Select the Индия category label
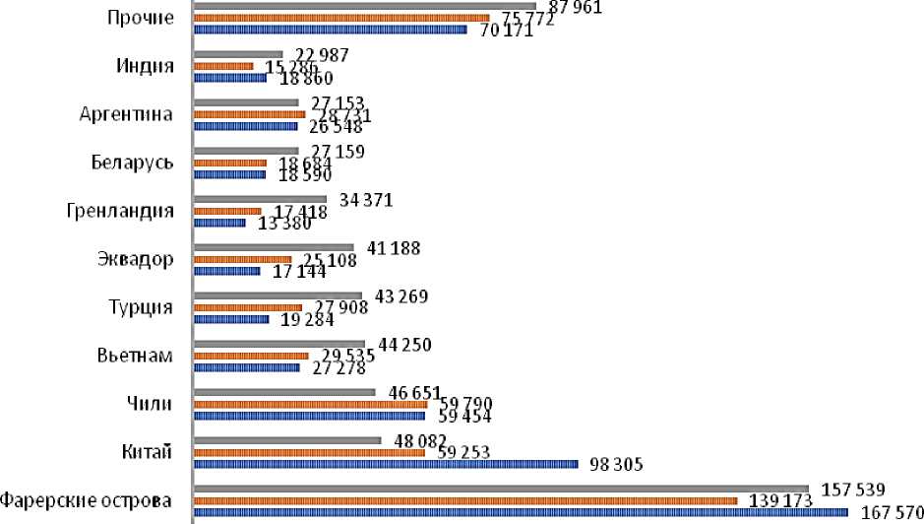(145, 66)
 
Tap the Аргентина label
(127, 114)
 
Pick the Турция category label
(141, 307)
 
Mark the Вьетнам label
(136, 356)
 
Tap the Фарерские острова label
(87, 500)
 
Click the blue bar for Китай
(386, 464)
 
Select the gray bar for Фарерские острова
(501, 489)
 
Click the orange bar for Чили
(311, 404)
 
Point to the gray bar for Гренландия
(261, 199)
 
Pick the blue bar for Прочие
(331, 30)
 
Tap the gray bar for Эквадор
(274, 247)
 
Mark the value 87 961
(574, 7)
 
